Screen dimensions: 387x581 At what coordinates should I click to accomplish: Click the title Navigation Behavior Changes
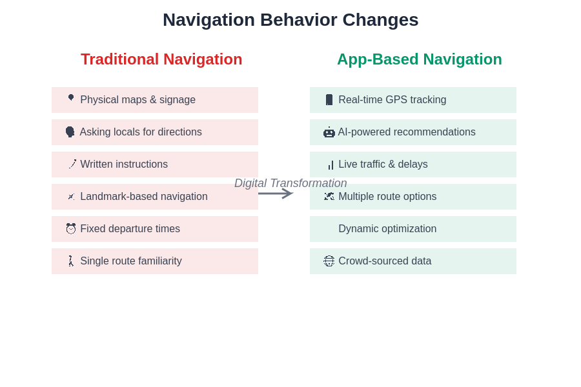coord(290,20)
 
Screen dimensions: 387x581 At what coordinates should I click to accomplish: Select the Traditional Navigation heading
coord(161,59)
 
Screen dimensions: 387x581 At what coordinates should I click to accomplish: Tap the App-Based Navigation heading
coord(420,59)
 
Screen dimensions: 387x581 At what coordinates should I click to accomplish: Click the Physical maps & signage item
coord(155,100)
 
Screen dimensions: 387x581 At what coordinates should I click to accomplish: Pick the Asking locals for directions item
coord(155,132)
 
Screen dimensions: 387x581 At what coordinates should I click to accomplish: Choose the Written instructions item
coord(155,164)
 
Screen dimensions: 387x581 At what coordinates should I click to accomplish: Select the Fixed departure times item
coord(155,229)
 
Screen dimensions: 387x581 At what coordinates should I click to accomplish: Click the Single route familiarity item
coord(155,261)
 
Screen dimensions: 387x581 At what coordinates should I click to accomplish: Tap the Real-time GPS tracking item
coord(413,100)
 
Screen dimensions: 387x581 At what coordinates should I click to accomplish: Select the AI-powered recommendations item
coord(413,132)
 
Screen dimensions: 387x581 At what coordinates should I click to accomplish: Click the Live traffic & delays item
coord(413,164)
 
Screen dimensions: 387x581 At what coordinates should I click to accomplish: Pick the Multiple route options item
coord(413,197)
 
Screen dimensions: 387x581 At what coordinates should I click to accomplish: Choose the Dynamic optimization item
coord(413,229)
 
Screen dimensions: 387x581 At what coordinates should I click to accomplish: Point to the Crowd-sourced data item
coord(413,261)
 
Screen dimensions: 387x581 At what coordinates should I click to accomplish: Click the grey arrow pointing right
coord(276,193)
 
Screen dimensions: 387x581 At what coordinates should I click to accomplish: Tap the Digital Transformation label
coord(290,183)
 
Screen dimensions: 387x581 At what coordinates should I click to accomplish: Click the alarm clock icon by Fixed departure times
coord(71,229)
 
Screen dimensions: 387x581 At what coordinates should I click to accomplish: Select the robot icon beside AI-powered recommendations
coord(329,132)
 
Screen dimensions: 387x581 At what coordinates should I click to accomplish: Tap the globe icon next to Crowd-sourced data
coord(329,261)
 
